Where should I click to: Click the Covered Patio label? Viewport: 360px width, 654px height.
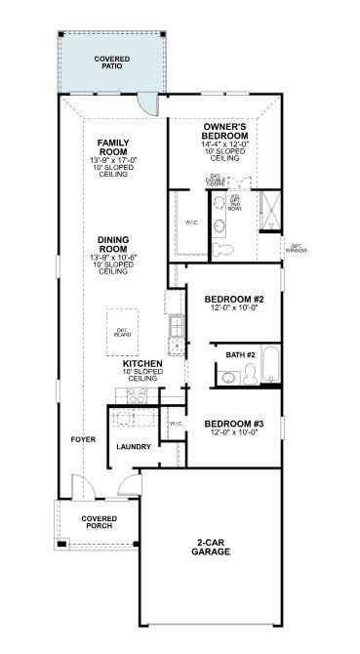coord(112,62)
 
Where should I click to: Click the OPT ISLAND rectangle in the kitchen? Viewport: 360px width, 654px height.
coord(122,332)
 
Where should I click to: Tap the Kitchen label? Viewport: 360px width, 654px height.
coord(141,364)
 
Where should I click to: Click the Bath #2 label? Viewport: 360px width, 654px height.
coord(240,354)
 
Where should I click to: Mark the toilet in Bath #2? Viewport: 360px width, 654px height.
coord(250,373)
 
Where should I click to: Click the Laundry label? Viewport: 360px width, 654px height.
coord(133,447)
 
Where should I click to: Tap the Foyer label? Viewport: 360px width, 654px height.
coord(83,439)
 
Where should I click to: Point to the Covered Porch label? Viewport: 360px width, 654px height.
coord(99,522)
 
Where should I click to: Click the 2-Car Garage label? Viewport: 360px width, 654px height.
coord(211,548)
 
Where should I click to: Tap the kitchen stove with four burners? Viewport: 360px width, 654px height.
coord(136,395)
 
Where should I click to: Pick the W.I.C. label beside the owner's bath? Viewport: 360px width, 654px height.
coord(192,223)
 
